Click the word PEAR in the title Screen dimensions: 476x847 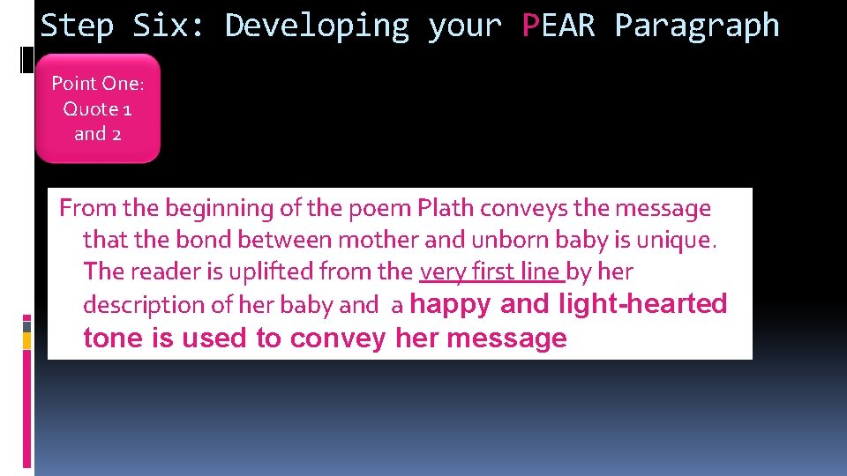(x=559, y=26)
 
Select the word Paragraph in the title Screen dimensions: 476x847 (x=697, y=26)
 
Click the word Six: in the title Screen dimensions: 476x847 (x=169, y=26)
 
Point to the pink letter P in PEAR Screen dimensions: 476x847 (x=530, y=26)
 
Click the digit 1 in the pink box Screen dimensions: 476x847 (x=127, y=109)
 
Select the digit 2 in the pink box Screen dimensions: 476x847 (x=116, y=134)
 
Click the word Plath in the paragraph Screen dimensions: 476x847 (x=446, y=209)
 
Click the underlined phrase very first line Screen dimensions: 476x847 (x=491, y=271)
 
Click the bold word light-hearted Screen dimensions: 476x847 (x=643, y=304)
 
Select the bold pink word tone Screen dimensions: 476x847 (x=114, y=338)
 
